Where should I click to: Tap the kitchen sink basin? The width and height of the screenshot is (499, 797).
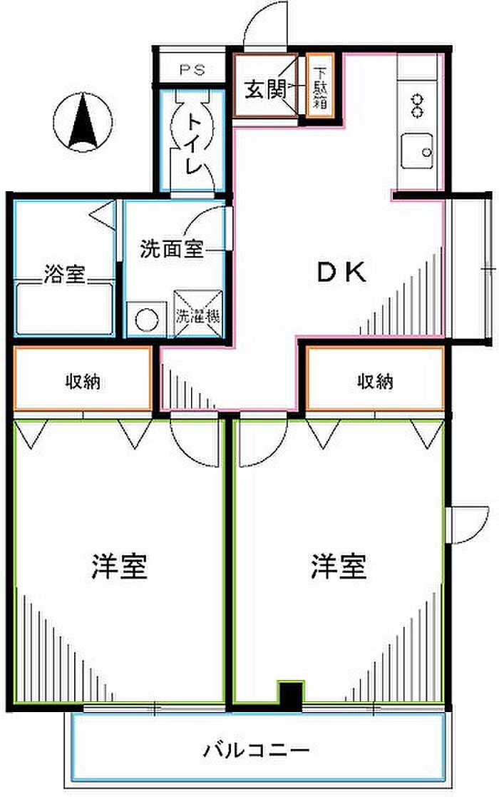click(421, 151)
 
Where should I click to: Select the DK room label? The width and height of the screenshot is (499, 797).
click(341, 272)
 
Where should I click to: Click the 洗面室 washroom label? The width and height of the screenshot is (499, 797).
click(172, 249)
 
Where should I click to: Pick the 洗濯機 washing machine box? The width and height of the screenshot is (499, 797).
click(197, 314)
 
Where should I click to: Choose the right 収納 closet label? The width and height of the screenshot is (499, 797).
click(375, 382)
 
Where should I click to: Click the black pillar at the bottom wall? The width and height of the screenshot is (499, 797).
click(289, 696)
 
